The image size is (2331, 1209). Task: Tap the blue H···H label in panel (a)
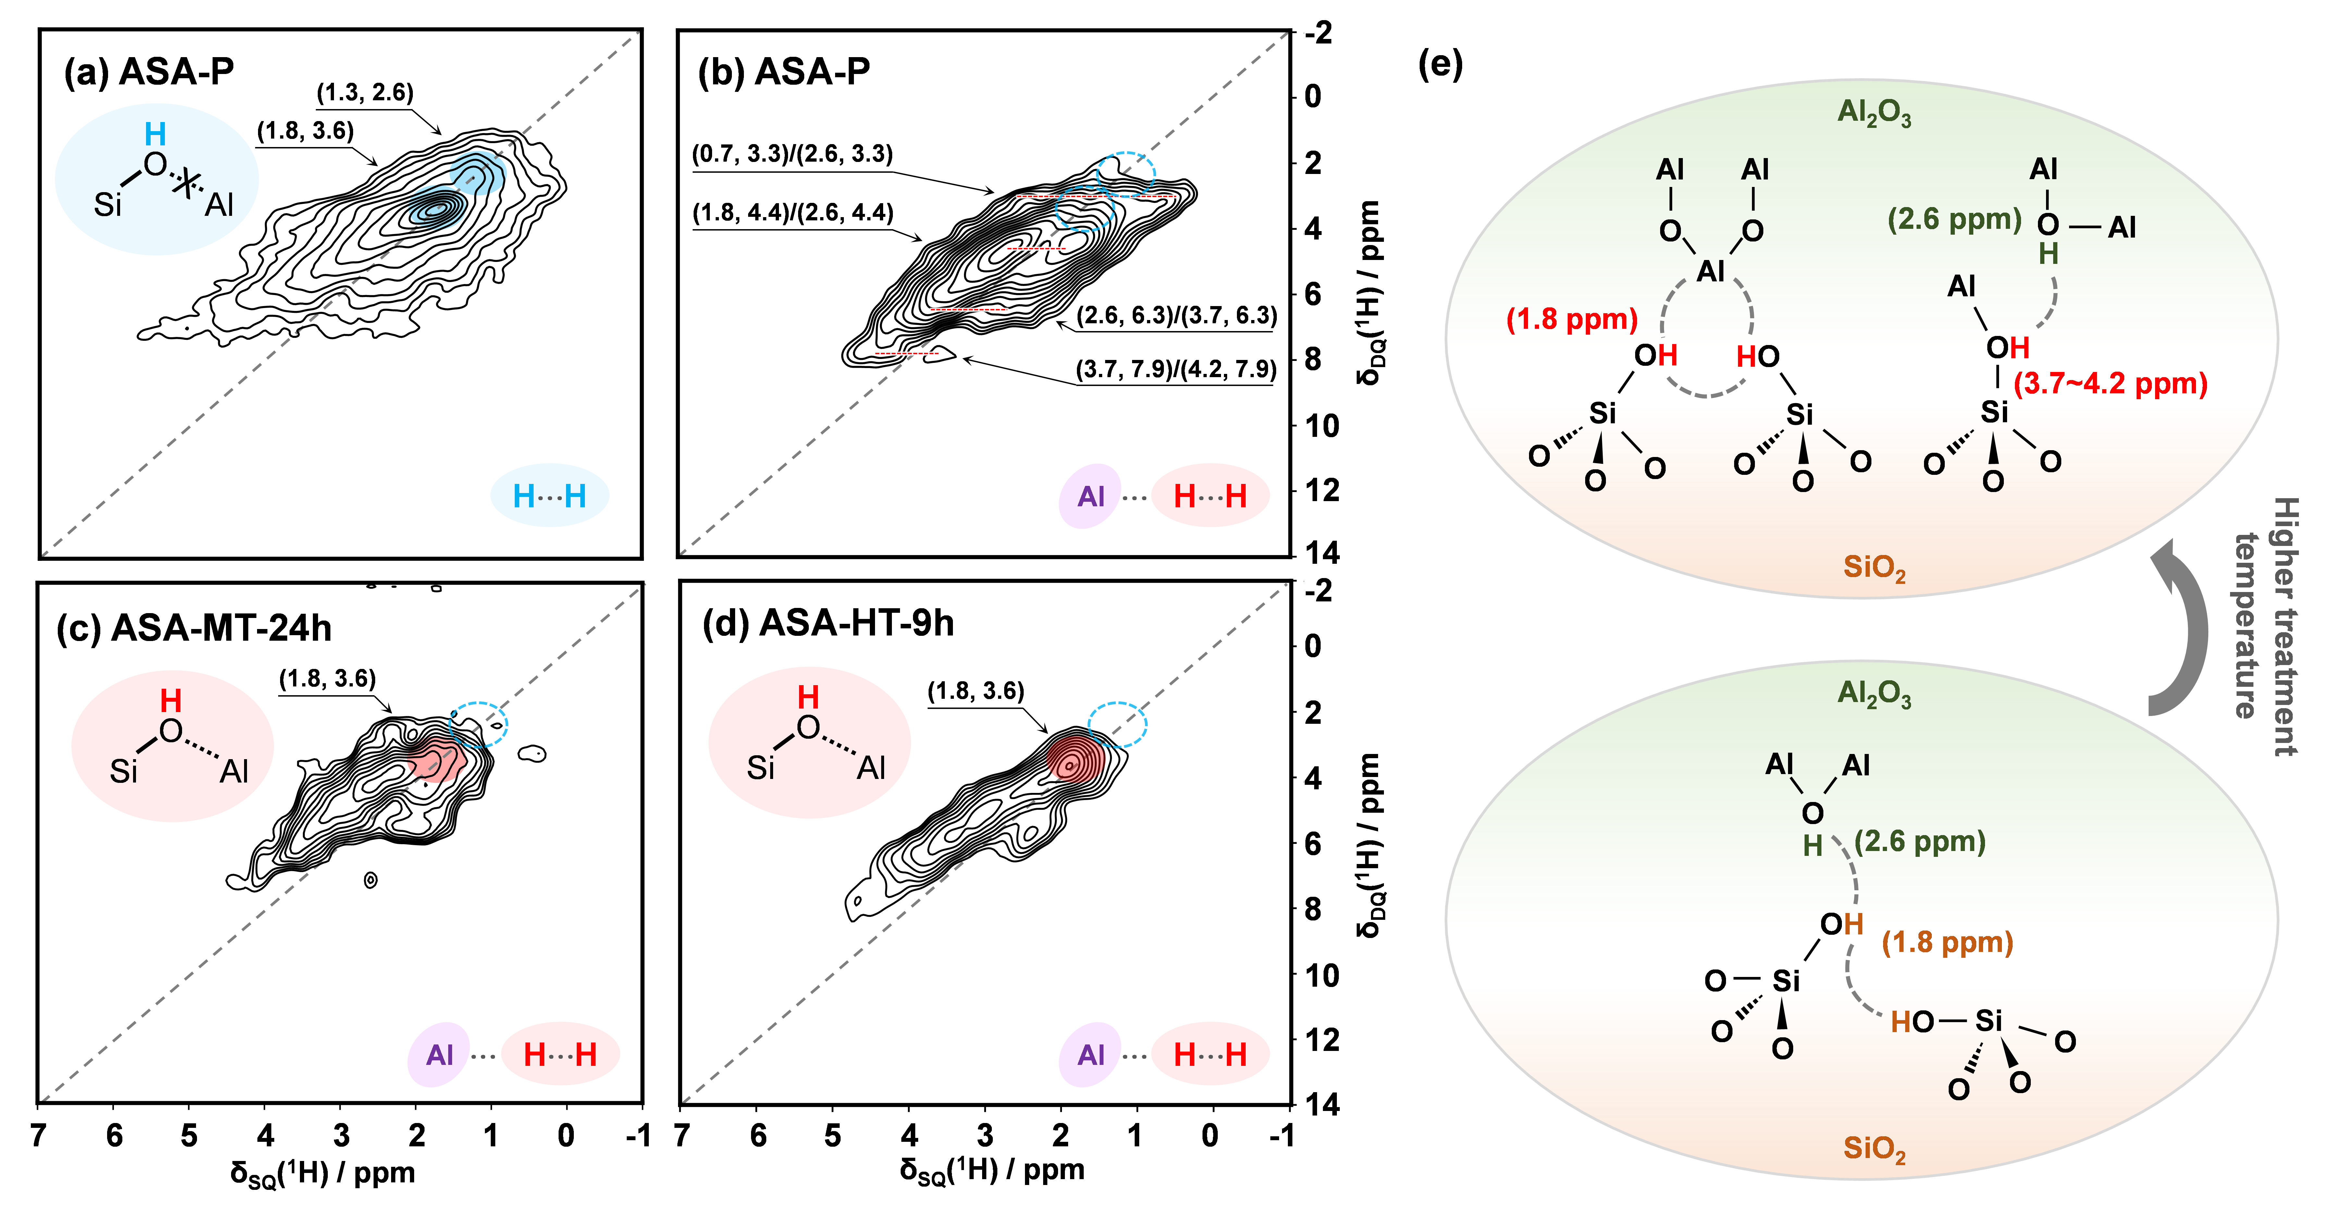549,496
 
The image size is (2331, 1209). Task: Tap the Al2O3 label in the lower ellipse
1874,693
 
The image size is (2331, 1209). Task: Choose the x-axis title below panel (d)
992,1170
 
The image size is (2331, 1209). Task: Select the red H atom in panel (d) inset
808,697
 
